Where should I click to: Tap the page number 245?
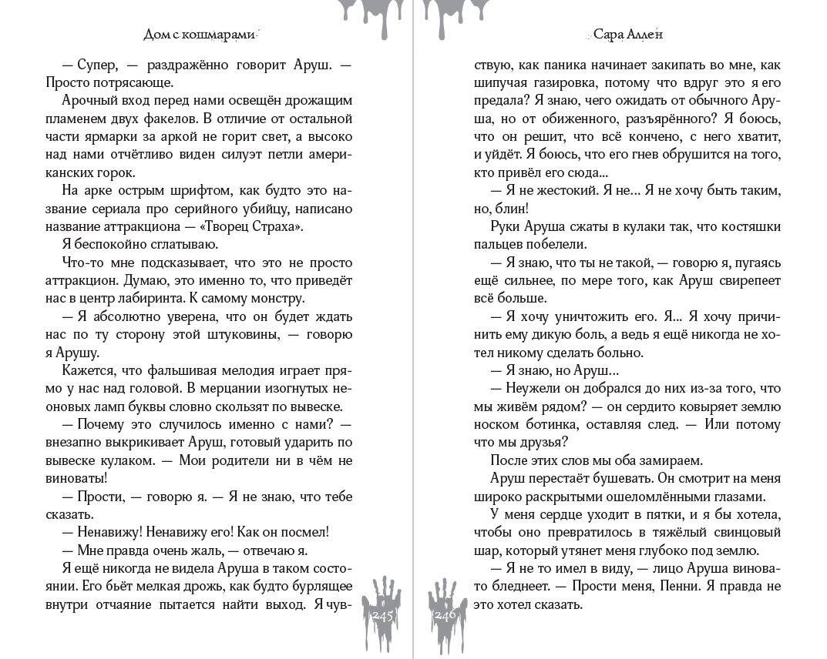click(x=383, y=615)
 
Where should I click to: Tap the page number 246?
click(x=445, y=615)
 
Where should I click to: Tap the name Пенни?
click(x=683, y=586)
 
